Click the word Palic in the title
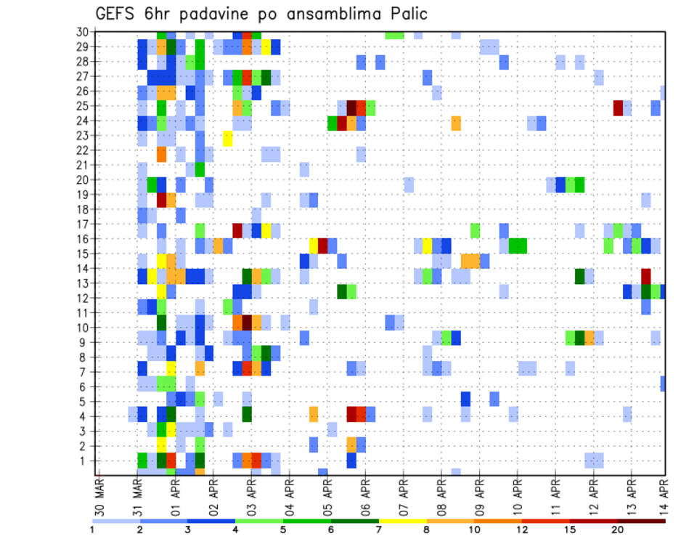pyautogui.click(x=408, y=14)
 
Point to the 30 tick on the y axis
pyautogui.click(x=84, y=32)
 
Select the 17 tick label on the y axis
pyautogui.click(x=84, y=224)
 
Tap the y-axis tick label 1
pyautogui.click(x=87, y=461)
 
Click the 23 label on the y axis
pyautogui.click(x=84, y=135)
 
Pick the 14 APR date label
pyautogui.click(x=664, y=491)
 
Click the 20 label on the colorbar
pyautogui.click(x=619, y=530)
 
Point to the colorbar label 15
pyautogui.click(x=571, y=530)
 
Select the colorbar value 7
pyautogui.click(x=380, y=530)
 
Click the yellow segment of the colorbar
pyautogui.click(x=403, y=521)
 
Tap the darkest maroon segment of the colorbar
pyautogui.click(x=642, y=521)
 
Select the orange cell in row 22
pyautogui.click(x=161, y=154)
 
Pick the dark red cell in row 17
pyautogui.click(x=237, y=230)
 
